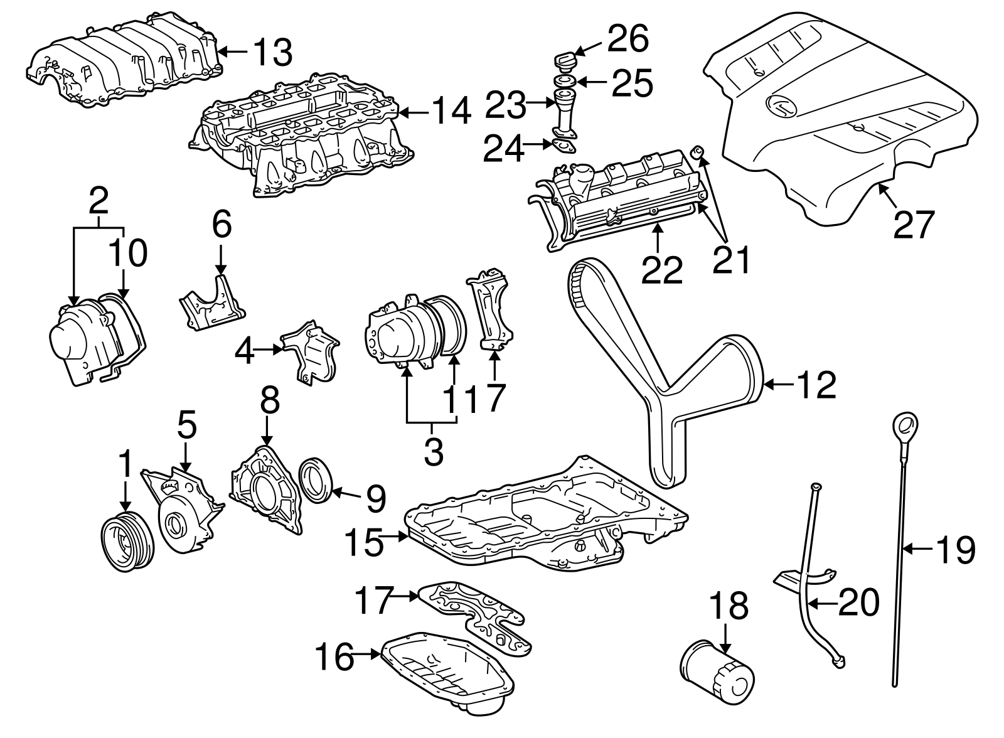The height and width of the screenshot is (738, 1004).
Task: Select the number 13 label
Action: tap(273, 53)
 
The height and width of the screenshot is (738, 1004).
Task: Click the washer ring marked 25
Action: tap(565, 82)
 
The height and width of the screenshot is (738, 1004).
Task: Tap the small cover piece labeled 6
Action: tap(213, 303)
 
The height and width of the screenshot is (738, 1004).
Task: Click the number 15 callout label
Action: tap(364, 542)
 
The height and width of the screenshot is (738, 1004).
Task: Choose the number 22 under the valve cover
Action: tap(661, 270)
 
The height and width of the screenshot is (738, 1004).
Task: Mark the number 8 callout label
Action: tap(269, 400)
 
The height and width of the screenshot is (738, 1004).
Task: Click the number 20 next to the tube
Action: tap(859, 602)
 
